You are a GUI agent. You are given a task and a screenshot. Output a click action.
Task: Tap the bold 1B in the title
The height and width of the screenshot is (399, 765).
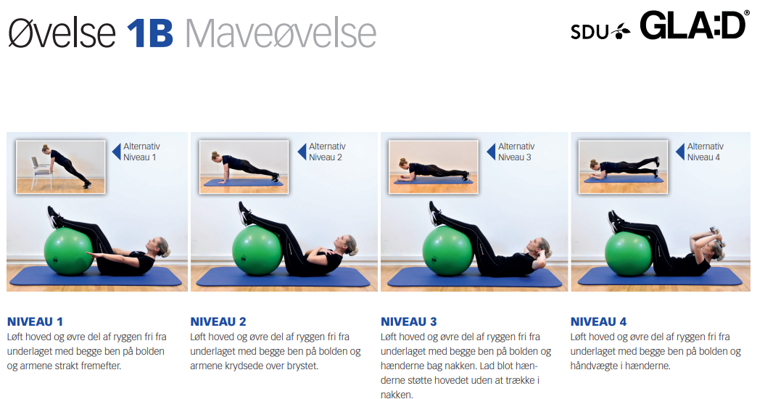[x=150, y=33]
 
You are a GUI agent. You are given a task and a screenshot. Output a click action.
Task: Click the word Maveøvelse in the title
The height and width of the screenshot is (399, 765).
[x=281, y=33]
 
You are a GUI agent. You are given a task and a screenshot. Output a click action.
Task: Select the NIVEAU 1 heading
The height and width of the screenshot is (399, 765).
[x=35, y=321]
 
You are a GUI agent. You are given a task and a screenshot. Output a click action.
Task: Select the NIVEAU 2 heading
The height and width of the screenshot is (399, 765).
[x=218, y=321]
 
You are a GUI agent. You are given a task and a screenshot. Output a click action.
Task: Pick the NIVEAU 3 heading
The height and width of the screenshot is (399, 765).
[x=409, y=321]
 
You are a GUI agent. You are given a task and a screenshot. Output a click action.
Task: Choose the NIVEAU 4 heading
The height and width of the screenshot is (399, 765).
[x=598, y=321]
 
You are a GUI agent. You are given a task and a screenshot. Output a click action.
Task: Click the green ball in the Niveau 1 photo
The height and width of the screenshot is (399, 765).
[x=69, y=251]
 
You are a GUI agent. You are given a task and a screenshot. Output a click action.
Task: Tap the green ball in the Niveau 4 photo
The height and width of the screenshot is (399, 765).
[x=629, y=253]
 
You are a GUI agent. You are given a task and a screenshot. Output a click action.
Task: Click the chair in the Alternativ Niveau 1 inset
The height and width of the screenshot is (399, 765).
[x=41, y=173]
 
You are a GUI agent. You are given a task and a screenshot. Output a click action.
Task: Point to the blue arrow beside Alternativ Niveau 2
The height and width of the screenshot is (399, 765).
[x=302, y=152]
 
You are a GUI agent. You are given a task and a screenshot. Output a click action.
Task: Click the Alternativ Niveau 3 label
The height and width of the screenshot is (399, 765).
[x=516, y=152]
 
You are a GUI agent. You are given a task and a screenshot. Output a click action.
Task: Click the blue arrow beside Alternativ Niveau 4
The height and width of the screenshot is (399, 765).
[x=680, y=152]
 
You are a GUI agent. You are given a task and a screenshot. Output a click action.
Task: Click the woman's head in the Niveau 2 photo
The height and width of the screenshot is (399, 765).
[x=346, y=244]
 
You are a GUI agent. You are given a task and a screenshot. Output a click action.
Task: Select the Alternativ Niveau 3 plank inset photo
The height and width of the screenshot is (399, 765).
[x=433, y=167]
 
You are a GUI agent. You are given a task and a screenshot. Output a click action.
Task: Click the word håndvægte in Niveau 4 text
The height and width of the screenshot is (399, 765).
[x=592, y=366]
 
